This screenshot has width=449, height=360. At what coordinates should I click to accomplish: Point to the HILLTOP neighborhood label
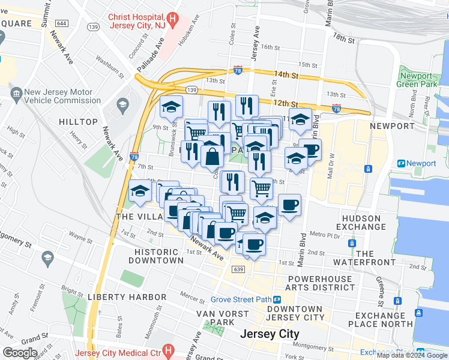click(78, 122)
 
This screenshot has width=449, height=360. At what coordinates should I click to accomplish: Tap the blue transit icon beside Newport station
click(400, 163)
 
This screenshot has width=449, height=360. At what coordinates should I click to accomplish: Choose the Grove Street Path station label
click(241, 299)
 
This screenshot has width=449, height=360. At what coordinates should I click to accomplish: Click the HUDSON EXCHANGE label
click(361, 223)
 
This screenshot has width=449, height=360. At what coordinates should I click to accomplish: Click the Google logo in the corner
click(20, 353)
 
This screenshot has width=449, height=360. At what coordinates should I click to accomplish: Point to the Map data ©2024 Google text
click(412, 355)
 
